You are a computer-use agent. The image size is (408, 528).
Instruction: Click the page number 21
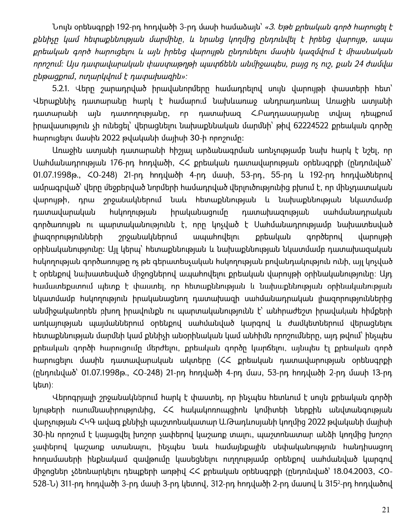386,510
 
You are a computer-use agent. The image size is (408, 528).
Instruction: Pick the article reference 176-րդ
119,163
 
